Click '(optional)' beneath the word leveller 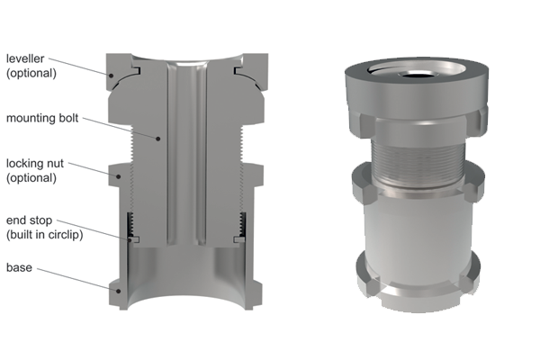coord(31,73)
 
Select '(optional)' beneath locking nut coord(31,177)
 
